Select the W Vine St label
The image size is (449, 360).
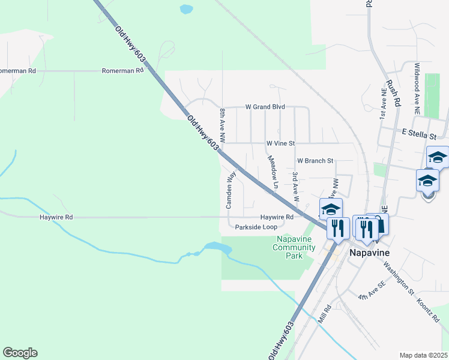(x=281, y=143)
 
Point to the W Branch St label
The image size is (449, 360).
(x=315, y=161)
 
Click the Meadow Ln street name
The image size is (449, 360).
(x=273, y=173)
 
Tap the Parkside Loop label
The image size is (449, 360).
(x=256, y=227)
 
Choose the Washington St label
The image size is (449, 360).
(x=399, y=275)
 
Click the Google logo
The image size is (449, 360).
(x=20, y=353)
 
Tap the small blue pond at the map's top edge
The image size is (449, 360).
(x=186, y=9)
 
